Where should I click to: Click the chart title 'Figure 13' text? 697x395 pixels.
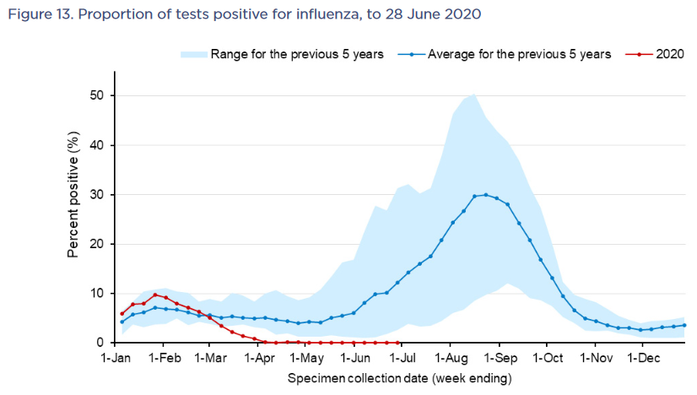pos(37,14)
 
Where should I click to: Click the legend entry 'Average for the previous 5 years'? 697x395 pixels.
pos(519,54)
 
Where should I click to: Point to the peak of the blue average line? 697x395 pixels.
pos(486,195)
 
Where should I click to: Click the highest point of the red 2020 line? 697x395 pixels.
pos(155,295)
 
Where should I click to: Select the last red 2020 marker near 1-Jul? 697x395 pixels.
pos(397,343)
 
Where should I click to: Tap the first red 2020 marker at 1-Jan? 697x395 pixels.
pos(122,313)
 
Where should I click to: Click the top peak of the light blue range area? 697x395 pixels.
pos(475,94)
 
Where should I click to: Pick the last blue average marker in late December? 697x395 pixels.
pos(684,325)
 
